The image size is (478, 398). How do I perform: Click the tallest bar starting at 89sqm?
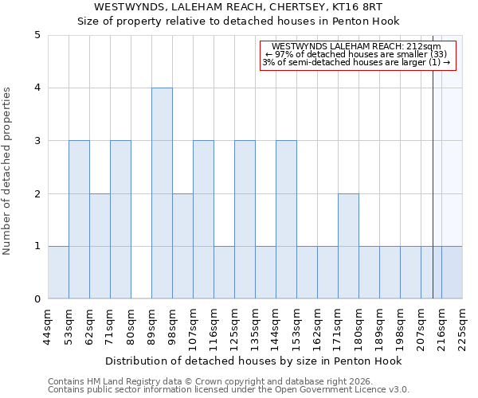[x=162, y=193]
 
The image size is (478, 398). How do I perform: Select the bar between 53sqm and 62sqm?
[x=79, y=220]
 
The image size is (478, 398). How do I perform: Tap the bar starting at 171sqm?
[x=348, y=246]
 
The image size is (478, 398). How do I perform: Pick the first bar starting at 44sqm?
[x=58, y=272]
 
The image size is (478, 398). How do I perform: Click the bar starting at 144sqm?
[x=286, y=220]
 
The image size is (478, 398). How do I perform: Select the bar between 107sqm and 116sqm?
[x=203, y=220]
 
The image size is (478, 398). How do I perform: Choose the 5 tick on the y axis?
[x=37, y=35]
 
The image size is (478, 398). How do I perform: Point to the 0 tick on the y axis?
[x=37, y=299]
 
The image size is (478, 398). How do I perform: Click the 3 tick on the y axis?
[x=37, y=141]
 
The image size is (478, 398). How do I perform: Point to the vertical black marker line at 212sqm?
[x=433, y=175]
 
